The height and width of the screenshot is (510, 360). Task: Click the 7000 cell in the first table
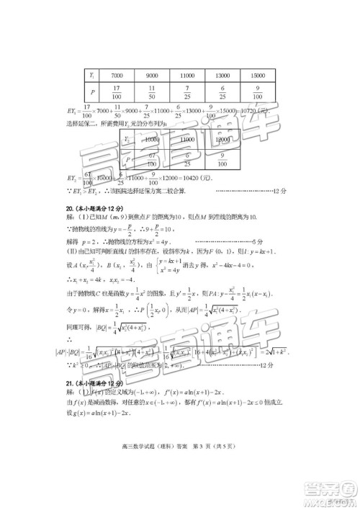116,74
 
